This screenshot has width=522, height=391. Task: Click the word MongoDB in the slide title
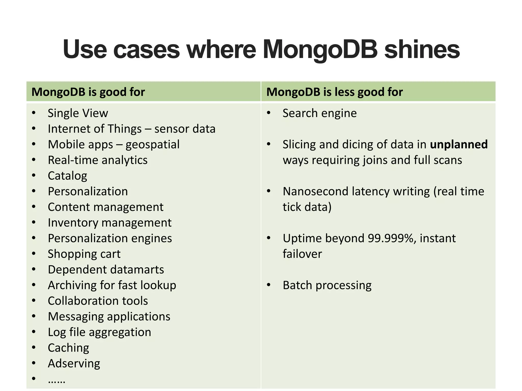pyautogui.click(x=320, y=50)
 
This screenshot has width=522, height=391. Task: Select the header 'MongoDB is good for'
pyautogui.click(x=88, y=92)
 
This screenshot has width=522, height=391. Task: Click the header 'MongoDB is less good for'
pyautogui.click(x=335, y=92)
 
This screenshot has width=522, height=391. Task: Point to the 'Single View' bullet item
pyautogui.click(x=78, y=113)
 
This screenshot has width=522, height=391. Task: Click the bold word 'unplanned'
pyautogui.click(x=459, y=144)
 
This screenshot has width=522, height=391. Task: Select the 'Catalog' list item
pyautogui.click(x=68, y=176)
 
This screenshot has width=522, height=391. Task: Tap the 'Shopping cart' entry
pyautogui.click(x=84, y=254)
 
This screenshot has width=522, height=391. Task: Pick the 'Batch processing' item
pyautogui.click(x=327, y=285)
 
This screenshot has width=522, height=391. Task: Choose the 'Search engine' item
pyautogui.click(x=320, y=113)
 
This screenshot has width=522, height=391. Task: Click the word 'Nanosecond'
pyautogui.click(x=315, y=191)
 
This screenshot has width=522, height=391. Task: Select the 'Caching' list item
pyautogui.click(x=69, y=348)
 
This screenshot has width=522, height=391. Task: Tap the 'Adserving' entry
pyautogui.click(x=74, y=363)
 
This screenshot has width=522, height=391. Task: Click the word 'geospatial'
pyautogui.click(x=152, y=145)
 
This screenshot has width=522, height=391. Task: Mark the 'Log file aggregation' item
pyautogui.click(x=99, y=332)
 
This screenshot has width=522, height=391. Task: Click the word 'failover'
pyautogui.click(x=302, y=254)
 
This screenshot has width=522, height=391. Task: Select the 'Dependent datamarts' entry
pyautogui.click(x=106, y=270)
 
